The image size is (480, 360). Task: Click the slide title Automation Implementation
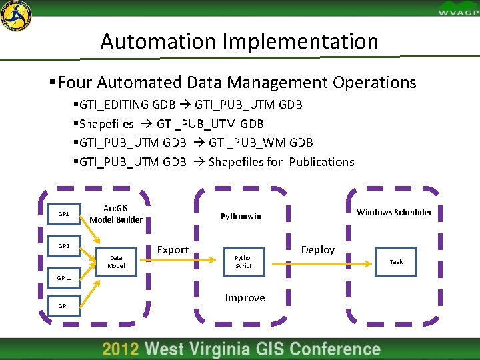tap(239, 41)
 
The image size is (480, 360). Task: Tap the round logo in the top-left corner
tap(16, 15)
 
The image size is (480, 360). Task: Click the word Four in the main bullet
tap(75, 83)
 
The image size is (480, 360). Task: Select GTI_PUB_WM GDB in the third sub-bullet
tap(261, 143)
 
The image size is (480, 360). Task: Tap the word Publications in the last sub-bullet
tap(321, 162)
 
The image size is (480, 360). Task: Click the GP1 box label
tap(64, 215)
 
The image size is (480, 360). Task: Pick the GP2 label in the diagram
tap(64, 246)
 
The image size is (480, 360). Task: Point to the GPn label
tap(64, 306)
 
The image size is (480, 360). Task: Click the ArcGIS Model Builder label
tap(116, 215)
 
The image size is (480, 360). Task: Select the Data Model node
tap(116, 261)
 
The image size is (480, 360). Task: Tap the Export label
tap(173, 250)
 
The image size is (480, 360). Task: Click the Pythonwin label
tap(241, 217)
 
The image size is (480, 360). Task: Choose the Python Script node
tap(244, 261)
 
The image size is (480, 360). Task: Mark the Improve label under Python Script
tap(245, 298)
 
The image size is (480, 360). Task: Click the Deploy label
tap(318, 250)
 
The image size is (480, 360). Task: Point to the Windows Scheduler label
tap(394, 213)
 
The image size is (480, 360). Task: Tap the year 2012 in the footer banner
tap(121, 349)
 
